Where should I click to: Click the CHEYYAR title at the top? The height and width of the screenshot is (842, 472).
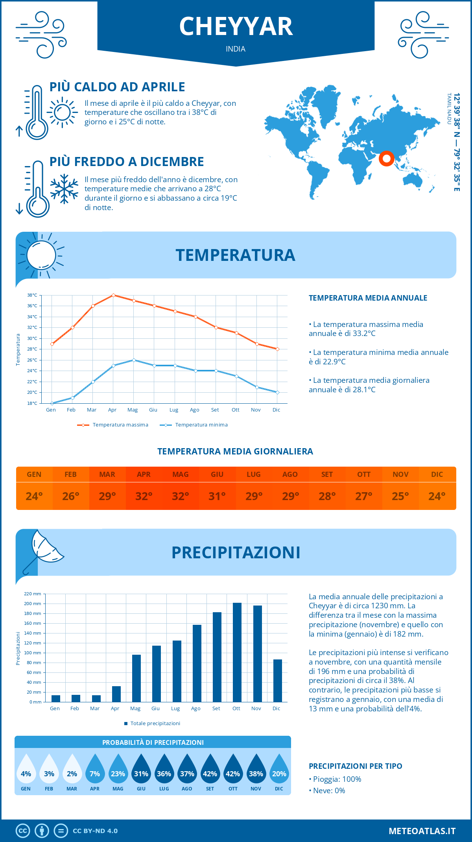coord(236,27)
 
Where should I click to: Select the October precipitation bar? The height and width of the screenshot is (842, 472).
coord(237,652)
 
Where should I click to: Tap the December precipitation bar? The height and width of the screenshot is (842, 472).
coord(278,680)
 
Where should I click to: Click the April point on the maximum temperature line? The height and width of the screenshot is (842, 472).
coord(113,295)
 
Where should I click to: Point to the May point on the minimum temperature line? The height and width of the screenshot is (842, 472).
coord(134,360)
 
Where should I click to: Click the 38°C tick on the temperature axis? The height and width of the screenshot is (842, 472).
coord(32,295)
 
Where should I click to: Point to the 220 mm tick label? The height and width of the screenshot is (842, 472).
coord(33,594)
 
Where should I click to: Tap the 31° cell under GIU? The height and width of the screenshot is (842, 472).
coord(217,496)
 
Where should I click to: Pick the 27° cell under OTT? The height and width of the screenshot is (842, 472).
coord(364,496)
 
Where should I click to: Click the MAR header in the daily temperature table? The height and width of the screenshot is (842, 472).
coord(107,475)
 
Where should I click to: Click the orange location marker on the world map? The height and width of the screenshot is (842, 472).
coord(387,158)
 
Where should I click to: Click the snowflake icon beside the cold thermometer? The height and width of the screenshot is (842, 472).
coord(64,189)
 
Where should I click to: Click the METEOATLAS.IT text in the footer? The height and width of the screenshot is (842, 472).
coord(422,831)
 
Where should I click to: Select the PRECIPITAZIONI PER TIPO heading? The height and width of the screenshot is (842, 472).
coord(356,766)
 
